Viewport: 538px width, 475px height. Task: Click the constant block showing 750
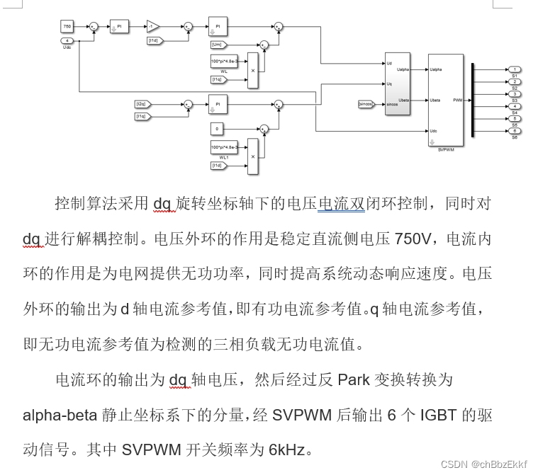(67, 26)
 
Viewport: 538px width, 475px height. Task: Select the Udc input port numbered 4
(67, 40)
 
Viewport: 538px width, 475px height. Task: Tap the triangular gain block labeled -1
(153, 26)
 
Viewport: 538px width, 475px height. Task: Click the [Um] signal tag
(220, 45)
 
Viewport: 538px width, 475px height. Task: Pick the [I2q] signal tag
(142, 104)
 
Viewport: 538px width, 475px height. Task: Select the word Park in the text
(353, 379)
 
